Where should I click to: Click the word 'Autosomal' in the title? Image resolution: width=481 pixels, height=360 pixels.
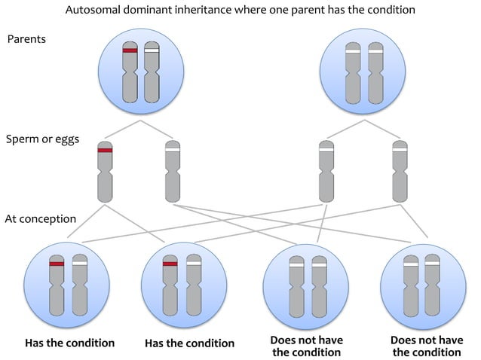(x=92, y=10)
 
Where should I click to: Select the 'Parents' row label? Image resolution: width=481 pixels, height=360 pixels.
(x=26, y=38)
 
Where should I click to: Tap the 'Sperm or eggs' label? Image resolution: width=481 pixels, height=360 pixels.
(x=41, y=139)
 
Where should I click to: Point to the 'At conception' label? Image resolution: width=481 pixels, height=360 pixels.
(x=40, y=219)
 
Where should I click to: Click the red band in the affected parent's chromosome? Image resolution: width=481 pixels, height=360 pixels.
(x=130, y=50)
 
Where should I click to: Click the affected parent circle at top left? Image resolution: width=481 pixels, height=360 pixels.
(x=140, y=69)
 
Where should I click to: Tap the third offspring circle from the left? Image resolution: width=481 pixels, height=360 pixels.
(x=307, y=285)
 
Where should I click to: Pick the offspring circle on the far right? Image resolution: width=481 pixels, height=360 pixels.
(x=422, y=285)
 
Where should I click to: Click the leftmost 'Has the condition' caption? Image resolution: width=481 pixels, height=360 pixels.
(x=69, y=343)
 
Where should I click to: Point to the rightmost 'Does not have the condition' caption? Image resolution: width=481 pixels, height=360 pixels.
(x=427, y=346)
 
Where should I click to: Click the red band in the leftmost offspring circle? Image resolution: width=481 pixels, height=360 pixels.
(x=56, y=264)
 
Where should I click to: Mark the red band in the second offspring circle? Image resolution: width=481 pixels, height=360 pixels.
(x=170, y=264)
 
